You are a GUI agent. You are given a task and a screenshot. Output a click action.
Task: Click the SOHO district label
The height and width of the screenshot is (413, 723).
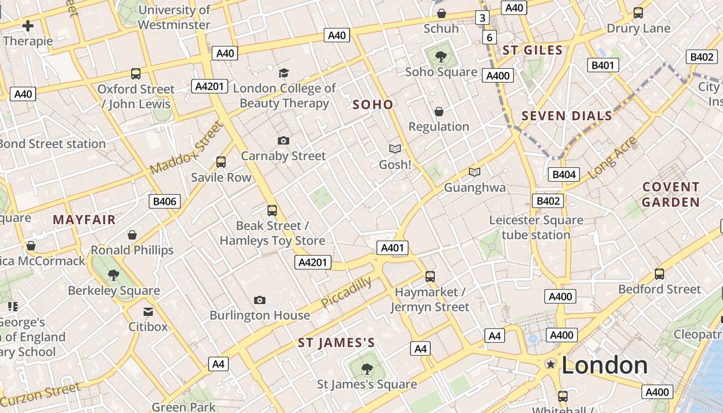click(373, 105)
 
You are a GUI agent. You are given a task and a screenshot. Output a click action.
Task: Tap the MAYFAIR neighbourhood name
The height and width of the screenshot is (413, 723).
click(84, 219)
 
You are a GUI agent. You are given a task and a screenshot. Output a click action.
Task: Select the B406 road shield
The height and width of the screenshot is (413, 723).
click(165, 201)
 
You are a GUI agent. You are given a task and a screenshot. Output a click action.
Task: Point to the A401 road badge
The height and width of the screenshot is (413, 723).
click(392, 248)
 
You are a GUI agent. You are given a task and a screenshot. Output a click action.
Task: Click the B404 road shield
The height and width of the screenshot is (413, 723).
click(564, 174)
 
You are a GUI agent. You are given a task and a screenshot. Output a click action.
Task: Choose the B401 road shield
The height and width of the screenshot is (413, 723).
click(603, 65)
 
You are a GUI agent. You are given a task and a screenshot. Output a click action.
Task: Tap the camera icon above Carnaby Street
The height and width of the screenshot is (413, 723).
click(283, 140)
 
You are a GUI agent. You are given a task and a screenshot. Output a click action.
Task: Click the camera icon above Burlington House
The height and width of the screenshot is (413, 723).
click(260, 300)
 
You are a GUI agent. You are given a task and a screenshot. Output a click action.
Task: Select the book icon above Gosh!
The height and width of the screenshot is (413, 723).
click(395, 149)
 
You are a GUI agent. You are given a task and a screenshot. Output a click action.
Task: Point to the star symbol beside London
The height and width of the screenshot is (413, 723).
click(551, 364)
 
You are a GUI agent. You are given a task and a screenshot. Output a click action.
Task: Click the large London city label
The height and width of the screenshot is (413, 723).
click(604, 365)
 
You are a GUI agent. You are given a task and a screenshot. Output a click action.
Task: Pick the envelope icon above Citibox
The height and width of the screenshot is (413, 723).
click(148, 311)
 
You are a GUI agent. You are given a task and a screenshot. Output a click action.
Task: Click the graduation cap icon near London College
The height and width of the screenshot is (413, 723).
click(284, 73)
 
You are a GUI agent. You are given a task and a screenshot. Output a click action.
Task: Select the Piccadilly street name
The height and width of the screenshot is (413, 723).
click(346, 292)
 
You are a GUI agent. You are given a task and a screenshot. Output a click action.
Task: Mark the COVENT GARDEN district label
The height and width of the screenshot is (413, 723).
click(671, 194)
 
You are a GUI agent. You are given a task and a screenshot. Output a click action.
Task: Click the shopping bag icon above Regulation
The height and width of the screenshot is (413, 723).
click(439, 112)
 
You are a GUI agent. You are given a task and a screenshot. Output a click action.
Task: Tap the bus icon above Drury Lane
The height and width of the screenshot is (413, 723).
click(638, 13)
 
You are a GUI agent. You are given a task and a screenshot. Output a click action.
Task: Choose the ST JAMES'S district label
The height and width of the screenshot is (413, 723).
click(336, 343)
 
